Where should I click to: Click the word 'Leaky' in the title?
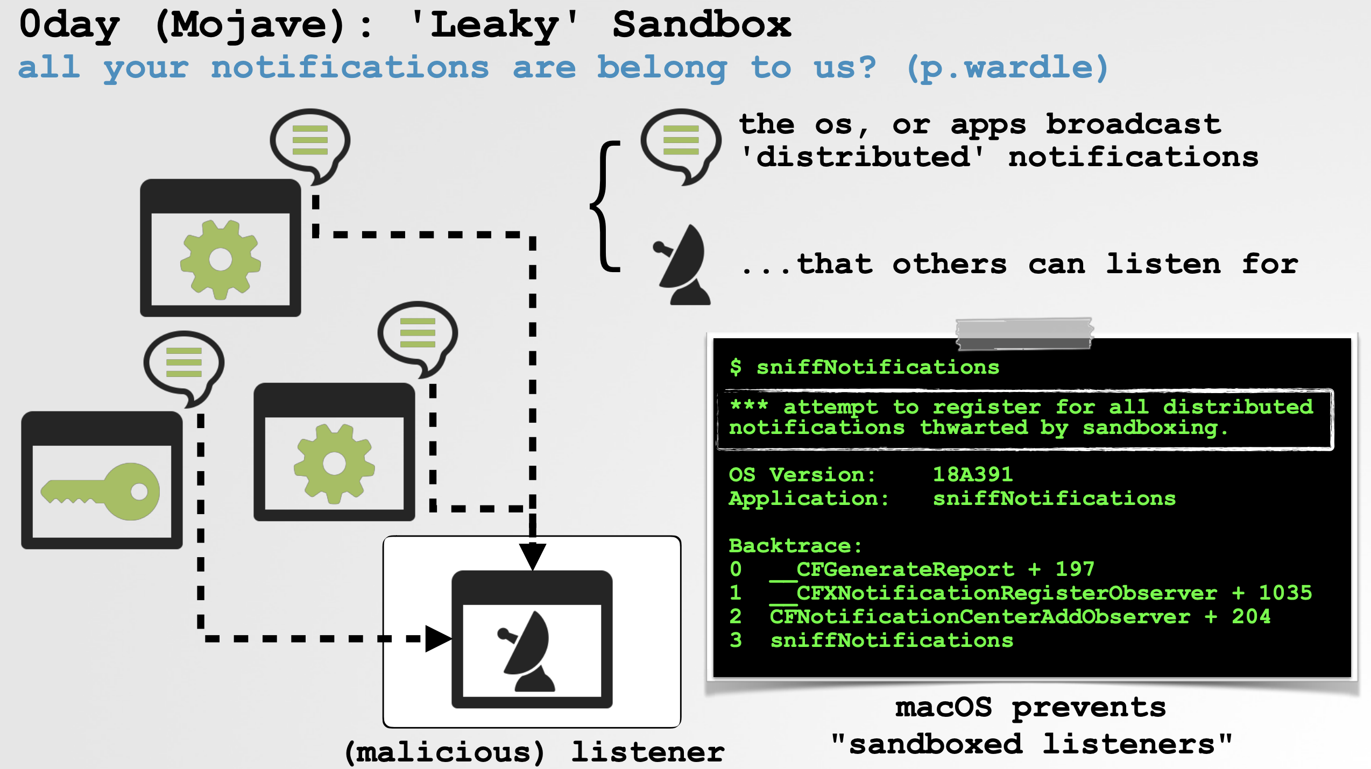[494, 26]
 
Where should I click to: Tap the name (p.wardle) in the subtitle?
[1007, 69]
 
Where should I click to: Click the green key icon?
[101, 492]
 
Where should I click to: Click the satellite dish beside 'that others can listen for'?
[681, 265]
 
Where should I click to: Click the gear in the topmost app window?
[220, 259]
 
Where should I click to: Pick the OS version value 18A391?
[973, 474]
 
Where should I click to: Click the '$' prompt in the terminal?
[736, 367]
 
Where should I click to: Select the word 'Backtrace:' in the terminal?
[795, 546]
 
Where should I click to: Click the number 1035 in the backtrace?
[1285, 593]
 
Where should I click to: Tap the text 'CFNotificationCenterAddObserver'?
[979, 616]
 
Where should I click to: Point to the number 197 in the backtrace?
[1075, 569]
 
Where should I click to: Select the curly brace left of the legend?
[605, 206]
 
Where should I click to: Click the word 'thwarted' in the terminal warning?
[974, 428]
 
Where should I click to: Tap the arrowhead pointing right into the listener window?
[439, 639]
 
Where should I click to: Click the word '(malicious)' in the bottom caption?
[444, 752]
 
